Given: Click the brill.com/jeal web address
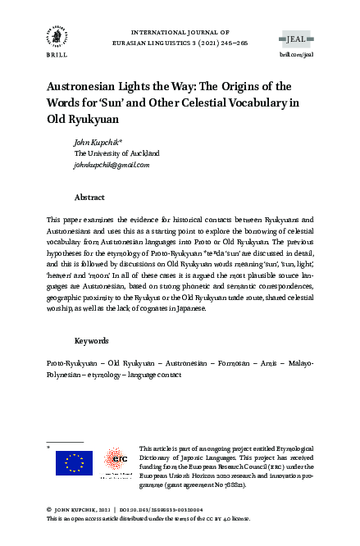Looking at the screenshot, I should click(296, 52).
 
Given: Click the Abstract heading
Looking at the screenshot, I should click(89, 198).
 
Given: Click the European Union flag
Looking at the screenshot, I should click(74, 463).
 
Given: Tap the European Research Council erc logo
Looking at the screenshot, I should click(114, 463).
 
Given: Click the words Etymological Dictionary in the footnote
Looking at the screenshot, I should click(288, 449).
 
